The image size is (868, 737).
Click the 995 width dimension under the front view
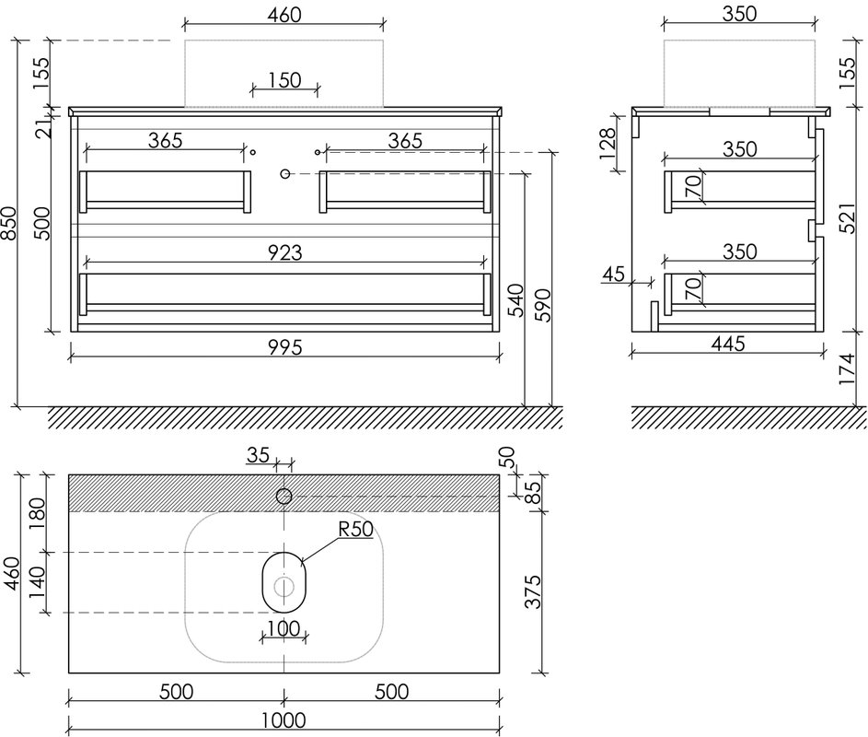pos(285,347)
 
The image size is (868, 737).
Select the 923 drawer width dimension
pos(285,252)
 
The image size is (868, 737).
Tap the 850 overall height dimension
pos(9,223)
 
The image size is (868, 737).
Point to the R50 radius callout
pos(356,529)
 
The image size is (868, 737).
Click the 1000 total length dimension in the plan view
pos(284,720)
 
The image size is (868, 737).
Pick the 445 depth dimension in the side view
pos(728,345)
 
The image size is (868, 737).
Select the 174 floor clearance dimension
pos(848,370)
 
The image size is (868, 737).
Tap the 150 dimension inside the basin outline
pos(284,80)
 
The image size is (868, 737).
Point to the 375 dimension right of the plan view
pos(533,591)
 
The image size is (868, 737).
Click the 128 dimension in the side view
pos(608,144)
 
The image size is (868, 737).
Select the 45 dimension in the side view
pos(613,274)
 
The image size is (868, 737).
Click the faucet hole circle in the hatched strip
pos(284,496)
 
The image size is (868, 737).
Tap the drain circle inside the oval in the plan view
pos(284,587)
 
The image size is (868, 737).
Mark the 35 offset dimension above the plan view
pos(258,455)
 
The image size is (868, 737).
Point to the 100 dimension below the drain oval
pos(284,628)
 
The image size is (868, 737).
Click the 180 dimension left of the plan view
pos(37,513)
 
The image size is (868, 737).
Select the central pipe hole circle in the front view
pos(285,174)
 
